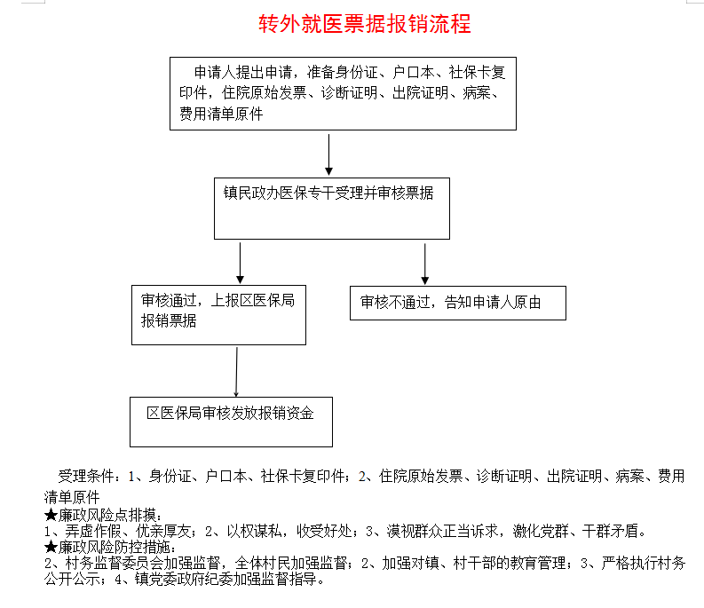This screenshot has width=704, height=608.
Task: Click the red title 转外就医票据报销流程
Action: click(365, 24)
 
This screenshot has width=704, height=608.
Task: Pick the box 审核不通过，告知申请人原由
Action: click(458, 303)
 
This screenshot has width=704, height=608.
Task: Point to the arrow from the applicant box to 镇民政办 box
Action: click(328, 154)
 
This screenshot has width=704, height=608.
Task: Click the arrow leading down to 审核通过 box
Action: click(241, 263)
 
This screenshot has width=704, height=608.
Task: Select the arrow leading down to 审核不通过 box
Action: click(424, 264)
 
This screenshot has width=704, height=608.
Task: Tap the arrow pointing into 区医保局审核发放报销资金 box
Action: click(237, 372)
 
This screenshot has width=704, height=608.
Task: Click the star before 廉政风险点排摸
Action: click(51, 515)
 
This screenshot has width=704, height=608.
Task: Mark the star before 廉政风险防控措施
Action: click(51, 547)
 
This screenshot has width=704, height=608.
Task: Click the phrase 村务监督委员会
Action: click(114, 563)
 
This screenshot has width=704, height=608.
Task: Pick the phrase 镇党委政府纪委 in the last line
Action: click(184, 580)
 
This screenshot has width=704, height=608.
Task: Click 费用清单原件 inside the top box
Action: click(221, 114)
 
